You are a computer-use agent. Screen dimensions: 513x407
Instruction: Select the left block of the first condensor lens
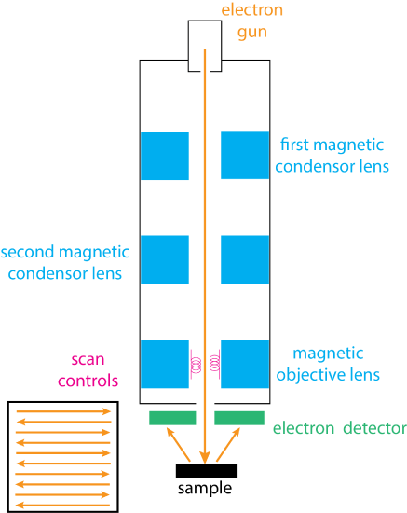tap(164, 155)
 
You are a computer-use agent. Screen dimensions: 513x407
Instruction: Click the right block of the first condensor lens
tap(245, 155)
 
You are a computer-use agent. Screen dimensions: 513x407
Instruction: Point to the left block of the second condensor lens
tap(164, 258)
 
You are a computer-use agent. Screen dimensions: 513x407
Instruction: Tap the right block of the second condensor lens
tap(245, 258)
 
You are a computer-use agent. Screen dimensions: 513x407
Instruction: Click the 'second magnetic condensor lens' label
tap(67, 263)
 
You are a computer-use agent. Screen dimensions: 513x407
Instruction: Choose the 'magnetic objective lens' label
tap(336, 365)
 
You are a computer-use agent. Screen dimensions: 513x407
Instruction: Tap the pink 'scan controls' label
tap(95, 369)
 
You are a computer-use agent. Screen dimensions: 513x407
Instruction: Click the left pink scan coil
tap(196, 366)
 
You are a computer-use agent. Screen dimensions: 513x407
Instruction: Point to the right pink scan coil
tap(214, 366)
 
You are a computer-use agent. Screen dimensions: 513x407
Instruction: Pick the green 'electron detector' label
tap(339, 429)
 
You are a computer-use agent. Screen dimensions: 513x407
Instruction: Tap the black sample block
tap(205, 470)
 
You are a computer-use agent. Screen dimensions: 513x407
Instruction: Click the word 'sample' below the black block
tap(205, 489)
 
